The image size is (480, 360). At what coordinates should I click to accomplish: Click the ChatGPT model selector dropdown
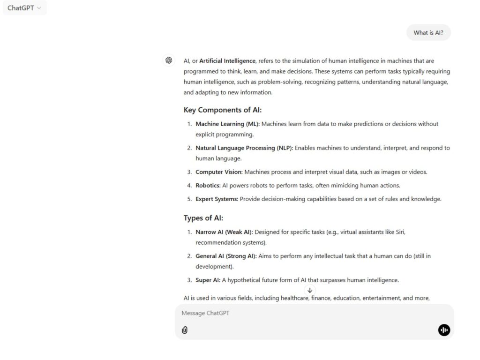(24, 8)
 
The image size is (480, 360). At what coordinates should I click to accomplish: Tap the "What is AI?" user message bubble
(428, 33)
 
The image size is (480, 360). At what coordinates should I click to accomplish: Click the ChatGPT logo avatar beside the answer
(169, 60)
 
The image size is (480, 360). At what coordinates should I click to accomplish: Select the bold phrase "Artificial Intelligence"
(227, 61)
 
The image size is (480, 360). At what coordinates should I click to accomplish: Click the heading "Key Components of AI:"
(223, 110)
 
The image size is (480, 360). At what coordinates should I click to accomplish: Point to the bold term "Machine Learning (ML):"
(227, 124)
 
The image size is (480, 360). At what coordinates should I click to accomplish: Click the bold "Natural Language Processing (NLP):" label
(244, 148)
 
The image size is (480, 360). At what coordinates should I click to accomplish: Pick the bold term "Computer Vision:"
(219, 172)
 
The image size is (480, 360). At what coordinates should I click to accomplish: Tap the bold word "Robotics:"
(208, 186)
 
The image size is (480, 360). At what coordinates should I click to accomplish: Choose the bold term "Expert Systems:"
(217, 199)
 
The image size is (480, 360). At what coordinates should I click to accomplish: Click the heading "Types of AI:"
(203, 218)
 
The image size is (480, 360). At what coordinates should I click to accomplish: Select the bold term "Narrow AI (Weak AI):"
(224, 232)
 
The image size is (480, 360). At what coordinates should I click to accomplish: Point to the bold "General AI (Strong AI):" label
(226, 256)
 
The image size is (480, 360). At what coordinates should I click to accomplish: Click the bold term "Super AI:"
(208, 280)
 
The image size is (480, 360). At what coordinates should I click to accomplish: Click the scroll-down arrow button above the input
(310, 291)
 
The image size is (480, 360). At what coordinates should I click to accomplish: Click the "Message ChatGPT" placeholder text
(206, 313)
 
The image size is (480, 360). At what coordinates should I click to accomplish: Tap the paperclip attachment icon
(185, 330)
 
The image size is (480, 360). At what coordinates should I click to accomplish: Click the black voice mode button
(444, 330)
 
